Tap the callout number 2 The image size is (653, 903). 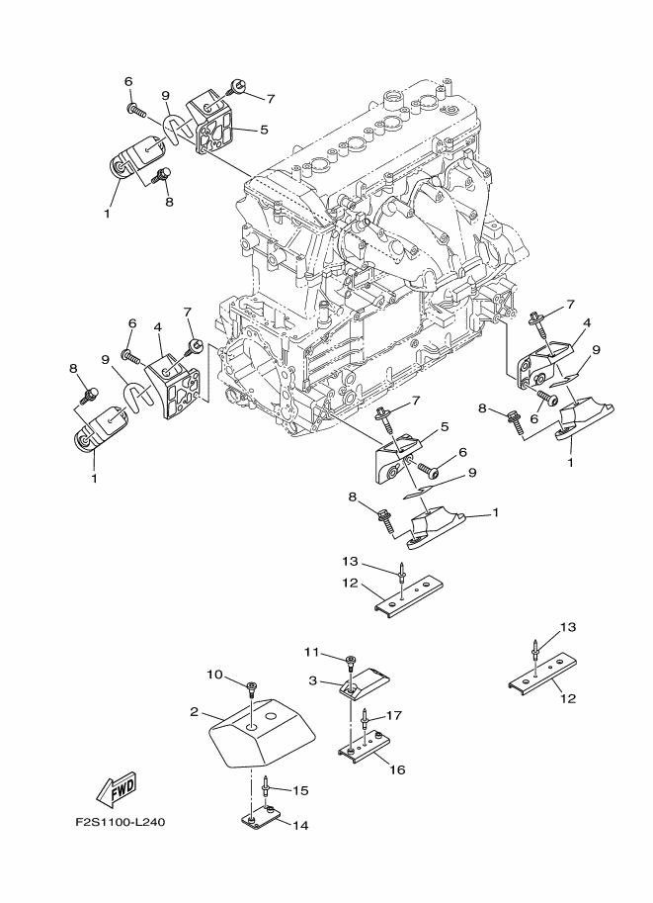[194, 712]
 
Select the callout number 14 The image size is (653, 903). [300, 826]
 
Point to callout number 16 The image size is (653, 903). [397, 769]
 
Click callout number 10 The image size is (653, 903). [214, 675]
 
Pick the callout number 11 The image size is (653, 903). [311, 652]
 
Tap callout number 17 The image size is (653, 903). [393, 715]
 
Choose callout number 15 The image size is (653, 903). [300, 790]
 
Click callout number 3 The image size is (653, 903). [312, 680]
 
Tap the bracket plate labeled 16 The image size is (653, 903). [365, 748]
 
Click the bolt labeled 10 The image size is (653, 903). [251, 688]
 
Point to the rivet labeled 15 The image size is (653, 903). [266, 786]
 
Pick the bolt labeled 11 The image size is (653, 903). [350, 664]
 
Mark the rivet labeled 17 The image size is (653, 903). [365, 719]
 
